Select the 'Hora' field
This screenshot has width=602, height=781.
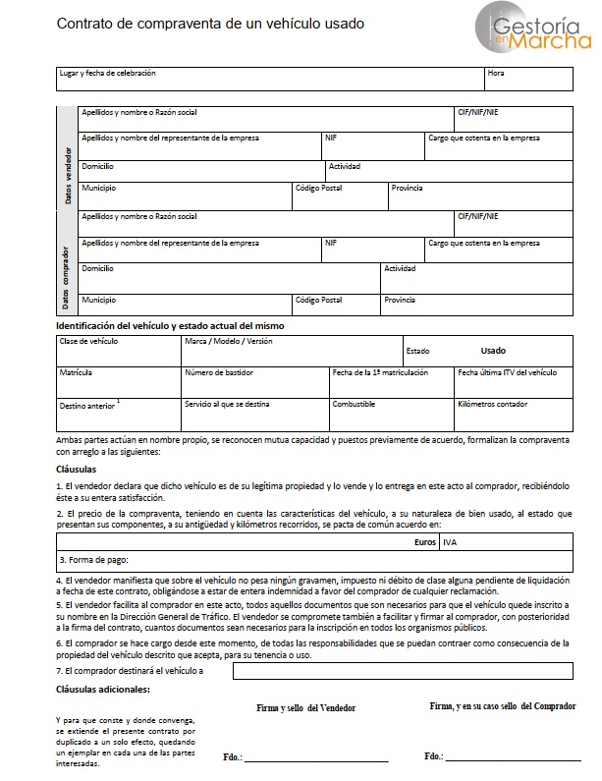[527, 78]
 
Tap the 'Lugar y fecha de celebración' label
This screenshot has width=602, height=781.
[107, 74]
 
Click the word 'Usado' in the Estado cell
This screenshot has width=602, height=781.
[493, 350]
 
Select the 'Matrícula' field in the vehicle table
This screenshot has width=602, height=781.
[119, 380]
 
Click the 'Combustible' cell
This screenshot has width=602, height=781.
[390, 410]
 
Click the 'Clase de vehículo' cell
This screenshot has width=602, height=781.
[119, 350]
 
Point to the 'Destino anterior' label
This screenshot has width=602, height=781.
[87, 404]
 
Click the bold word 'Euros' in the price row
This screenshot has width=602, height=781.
[424, 540]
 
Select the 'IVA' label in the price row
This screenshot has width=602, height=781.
[451, 540]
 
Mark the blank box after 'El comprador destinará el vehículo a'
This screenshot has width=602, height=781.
[403, 671]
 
